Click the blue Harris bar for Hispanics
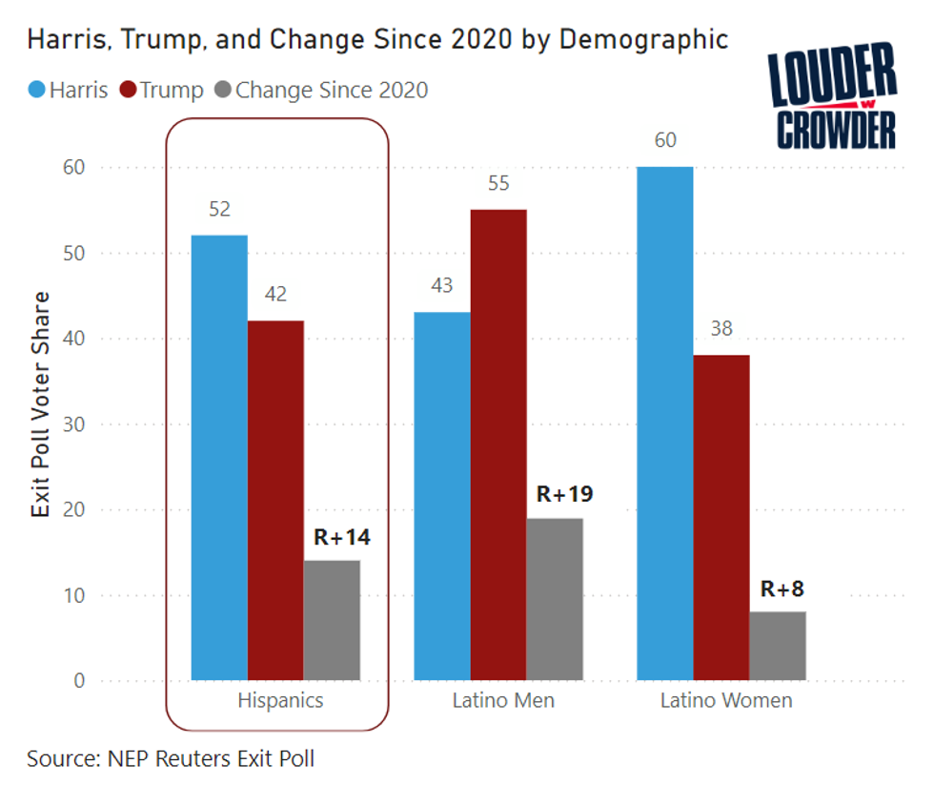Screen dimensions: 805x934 click(219, 458)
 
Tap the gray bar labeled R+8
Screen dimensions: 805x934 click(778, 646)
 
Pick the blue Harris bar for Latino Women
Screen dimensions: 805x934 click(665, 423)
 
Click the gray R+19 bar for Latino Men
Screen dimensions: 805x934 click(554, 599)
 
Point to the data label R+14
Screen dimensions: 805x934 click(342, 537)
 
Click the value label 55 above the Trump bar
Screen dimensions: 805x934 click(498, 184)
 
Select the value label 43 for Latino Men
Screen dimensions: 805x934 click(442, 286)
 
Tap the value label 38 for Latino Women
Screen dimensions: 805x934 click(721, 329)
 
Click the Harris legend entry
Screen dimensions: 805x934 click(69, 91)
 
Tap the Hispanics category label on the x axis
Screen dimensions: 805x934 click(280, 701)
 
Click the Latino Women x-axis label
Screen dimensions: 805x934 click(726, 701)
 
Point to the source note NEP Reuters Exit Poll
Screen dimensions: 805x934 click(171, 759)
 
